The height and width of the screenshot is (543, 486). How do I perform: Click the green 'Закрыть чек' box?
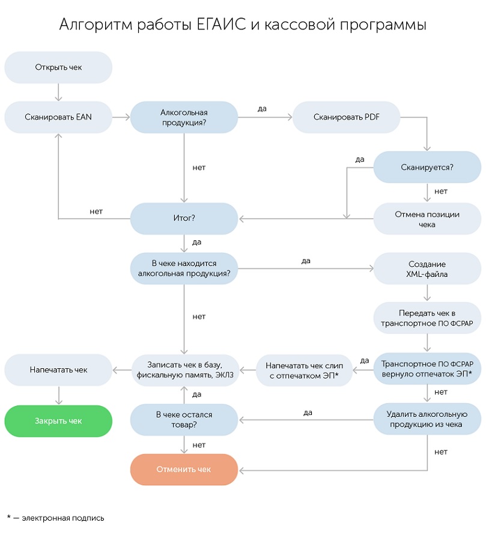58,420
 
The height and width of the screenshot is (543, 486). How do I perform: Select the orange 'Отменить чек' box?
184,469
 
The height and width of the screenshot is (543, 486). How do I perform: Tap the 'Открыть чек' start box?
58,67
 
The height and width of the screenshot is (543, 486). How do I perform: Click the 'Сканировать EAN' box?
58,117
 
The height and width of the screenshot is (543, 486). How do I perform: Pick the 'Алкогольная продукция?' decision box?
184,117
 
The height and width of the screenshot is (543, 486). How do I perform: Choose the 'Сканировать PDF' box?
347,117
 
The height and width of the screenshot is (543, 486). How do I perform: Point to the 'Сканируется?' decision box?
427,167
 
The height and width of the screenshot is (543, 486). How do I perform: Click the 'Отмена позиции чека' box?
427,219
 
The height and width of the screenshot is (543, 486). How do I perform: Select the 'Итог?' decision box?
184,218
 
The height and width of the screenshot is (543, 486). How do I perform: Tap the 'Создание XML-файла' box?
427,268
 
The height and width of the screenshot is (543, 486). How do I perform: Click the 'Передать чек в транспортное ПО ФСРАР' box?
427,318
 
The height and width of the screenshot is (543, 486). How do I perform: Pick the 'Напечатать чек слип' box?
304,370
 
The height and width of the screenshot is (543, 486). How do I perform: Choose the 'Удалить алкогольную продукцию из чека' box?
427,419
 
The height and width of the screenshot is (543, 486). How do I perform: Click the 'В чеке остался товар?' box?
184,420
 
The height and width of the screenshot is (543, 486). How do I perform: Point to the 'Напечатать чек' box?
58,370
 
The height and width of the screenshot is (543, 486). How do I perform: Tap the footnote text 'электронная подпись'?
63,518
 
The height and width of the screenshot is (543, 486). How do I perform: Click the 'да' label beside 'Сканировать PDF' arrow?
263,109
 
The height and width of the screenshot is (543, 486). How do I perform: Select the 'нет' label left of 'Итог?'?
96,211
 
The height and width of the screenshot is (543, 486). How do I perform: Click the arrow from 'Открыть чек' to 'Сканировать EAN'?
58,92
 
